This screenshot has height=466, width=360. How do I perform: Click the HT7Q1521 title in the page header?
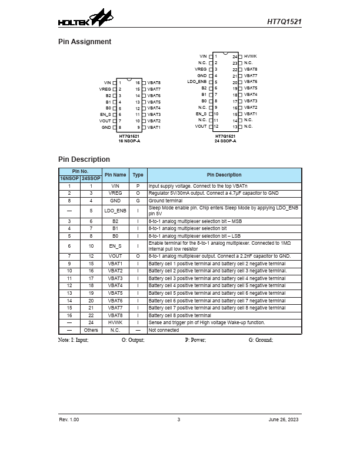(285, 21)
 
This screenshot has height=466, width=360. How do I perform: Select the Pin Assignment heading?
(84, 42)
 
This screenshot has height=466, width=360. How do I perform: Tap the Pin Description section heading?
(84, 159)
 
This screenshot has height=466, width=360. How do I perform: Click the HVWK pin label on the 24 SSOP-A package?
(250, 56)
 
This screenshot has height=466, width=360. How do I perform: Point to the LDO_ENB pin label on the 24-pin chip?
(197, 82)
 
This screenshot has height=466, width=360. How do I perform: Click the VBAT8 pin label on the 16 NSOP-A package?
(154, 82)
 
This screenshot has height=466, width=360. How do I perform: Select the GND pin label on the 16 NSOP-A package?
(106, 127)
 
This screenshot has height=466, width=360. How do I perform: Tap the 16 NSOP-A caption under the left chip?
(129, 141)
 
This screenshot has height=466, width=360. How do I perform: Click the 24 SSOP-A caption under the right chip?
(225, 141)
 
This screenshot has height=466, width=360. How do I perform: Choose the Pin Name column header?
(115, 175)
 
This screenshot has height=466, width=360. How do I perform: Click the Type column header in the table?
(138, 175)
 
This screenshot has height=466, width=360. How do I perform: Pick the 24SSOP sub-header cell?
(91, 178)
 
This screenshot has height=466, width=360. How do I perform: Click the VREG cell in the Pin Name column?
(115, 193)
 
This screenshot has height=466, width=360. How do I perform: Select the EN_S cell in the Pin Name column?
(115, 246)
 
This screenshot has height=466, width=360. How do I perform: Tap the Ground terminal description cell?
(166, 201)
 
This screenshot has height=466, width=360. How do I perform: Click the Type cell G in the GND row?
(138, 201)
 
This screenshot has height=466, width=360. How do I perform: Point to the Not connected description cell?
(164, 330)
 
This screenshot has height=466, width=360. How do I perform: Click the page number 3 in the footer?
(179, 420)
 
